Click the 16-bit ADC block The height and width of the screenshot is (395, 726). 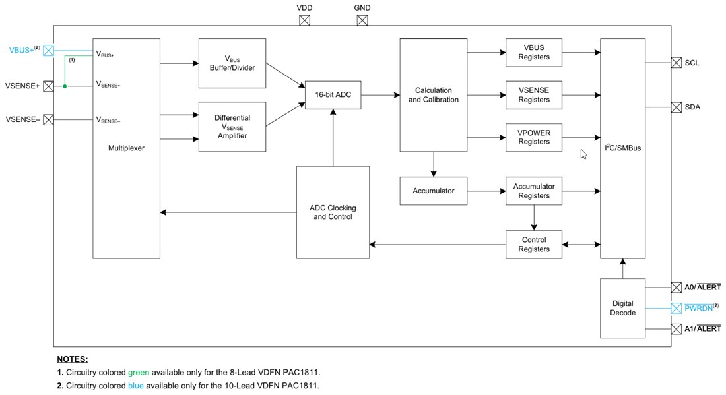tap(333, 95)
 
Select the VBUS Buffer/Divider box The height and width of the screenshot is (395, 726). tap(232, 63)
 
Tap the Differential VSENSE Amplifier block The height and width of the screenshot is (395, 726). tap(232, 127)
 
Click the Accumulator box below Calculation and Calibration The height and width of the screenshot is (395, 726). tap(434, 191)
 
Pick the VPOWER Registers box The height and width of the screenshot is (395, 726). tap(534, 137)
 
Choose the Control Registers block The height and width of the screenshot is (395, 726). tap(534, 245)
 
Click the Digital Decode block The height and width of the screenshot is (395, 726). tap(622, 308)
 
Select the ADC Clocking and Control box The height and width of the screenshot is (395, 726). tap(333, 212)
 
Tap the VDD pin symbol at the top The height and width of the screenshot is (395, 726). tap(304, 20)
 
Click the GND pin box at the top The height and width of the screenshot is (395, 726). tap(362, 20)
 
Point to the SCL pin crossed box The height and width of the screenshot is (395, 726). tap(676, 63)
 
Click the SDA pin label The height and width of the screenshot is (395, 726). tap(692, 107)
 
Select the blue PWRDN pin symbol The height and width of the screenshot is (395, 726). tap(676, 308)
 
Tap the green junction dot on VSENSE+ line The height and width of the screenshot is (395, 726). tap(65, 86)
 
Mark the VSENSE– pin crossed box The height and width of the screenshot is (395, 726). tap(48, 119)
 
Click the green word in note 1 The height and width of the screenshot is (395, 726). tap(138, 373)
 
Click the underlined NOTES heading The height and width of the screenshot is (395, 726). tap(73, 359)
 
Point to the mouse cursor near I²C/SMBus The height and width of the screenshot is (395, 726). tap(583, 154)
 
